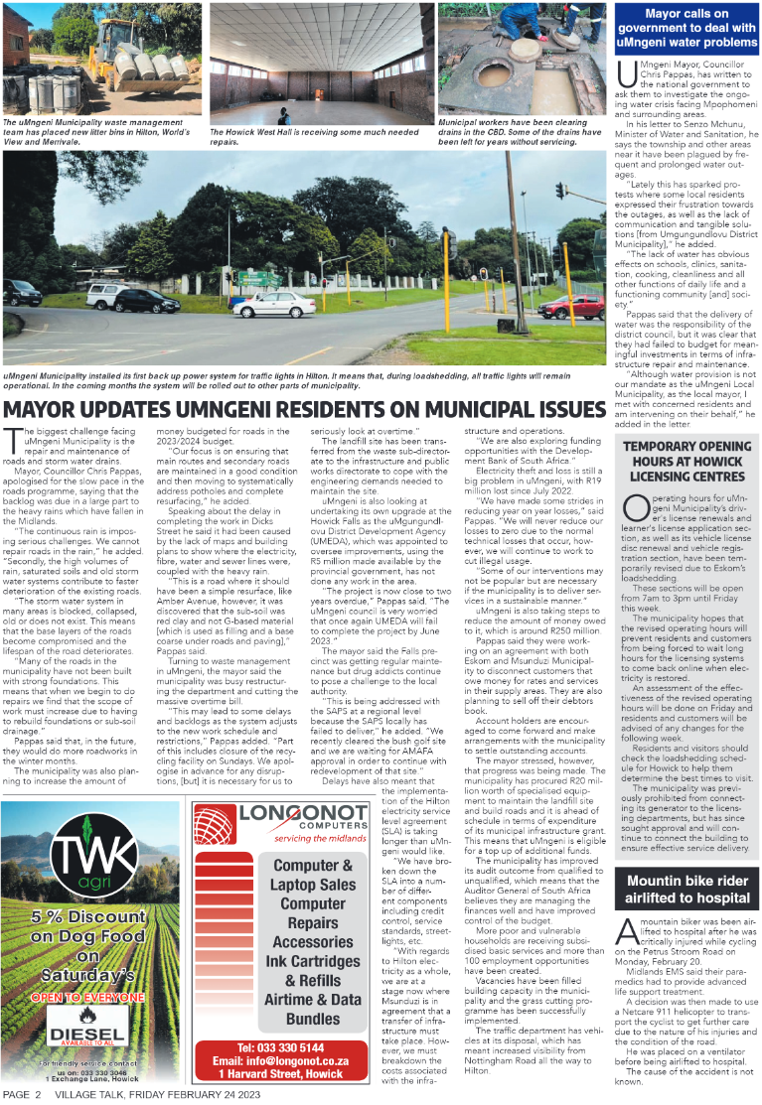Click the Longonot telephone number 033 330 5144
[x=279, y=1046]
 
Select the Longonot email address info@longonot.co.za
[x=279, y=1059]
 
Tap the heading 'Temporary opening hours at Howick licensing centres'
[x=686, y=462]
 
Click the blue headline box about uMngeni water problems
[x=686, y=28]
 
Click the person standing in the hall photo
[x=285, y=115]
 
